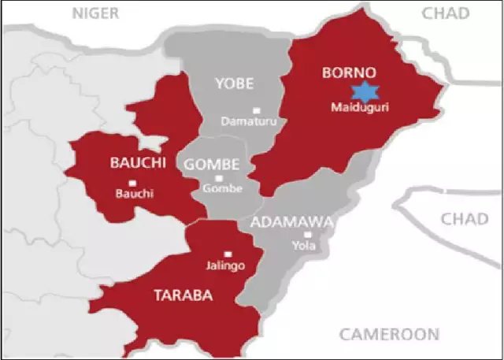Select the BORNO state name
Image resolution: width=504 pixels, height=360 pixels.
click(x=347, y=72)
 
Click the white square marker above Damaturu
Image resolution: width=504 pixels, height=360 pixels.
click(x=254, y=110)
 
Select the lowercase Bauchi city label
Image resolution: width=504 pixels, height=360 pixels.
click(x=131, y=194)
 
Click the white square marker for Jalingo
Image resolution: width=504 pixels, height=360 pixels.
click(x=228, y=254)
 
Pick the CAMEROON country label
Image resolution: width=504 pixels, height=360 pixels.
click(x=388, y=334)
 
